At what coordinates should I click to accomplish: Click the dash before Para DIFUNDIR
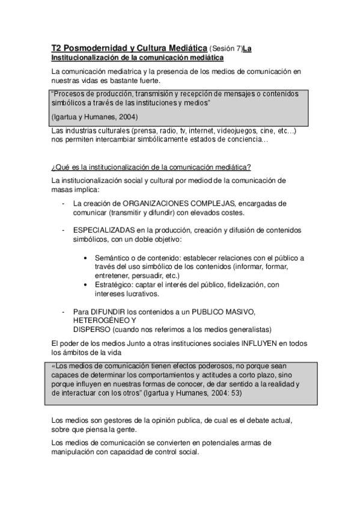tap(64, 312)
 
